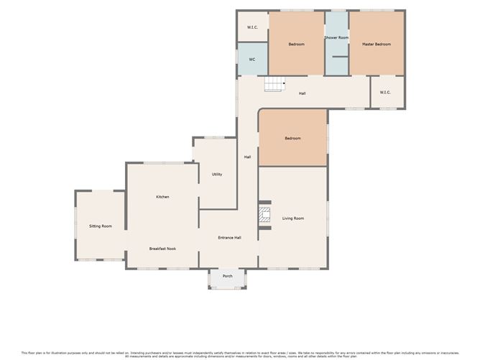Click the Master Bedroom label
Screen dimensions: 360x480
pyautogui.click(x=377, y=45)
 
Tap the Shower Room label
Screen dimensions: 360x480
pyautogui.click(x=336, y=37)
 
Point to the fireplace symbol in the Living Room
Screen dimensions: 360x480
pyautogui.click(x=264, y=216)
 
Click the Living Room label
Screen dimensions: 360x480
pyautogui.click(x=292, y=218)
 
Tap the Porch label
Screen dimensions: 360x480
pyautogui.click(x=227, y=276)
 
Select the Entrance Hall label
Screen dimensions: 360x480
pyautogui.click(x=229, y=238)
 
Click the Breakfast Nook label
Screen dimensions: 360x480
pyautogui.click(x=162, y=249)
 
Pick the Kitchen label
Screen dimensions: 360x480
pyautogui.click(x=162, y=197)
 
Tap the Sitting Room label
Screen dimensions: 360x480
pyautogui.click(x=101, y=226)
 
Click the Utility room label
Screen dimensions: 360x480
pyautogui.click(x=216, y=175)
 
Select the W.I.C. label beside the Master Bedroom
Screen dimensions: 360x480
pyautogui.click(x=385, y=92)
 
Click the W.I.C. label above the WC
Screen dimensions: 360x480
pyautogui.click(x=252, y=27)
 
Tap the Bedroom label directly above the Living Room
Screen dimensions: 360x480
pyautogui.click(x=292, y=138)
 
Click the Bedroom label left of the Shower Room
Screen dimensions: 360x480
pyautogui.click(x=296, y=45)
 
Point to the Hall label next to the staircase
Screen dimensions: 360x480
pyautogui.click(x=303, y=93)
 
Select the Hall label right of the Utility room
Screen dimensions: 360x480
pyautogui.click(x=247, y=157)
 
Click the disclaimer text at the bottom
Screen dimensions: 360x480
pyautogui.click(x=240, y=354)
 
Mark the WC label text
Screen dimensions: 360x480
pyautogui.click(x=252, y=60)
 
